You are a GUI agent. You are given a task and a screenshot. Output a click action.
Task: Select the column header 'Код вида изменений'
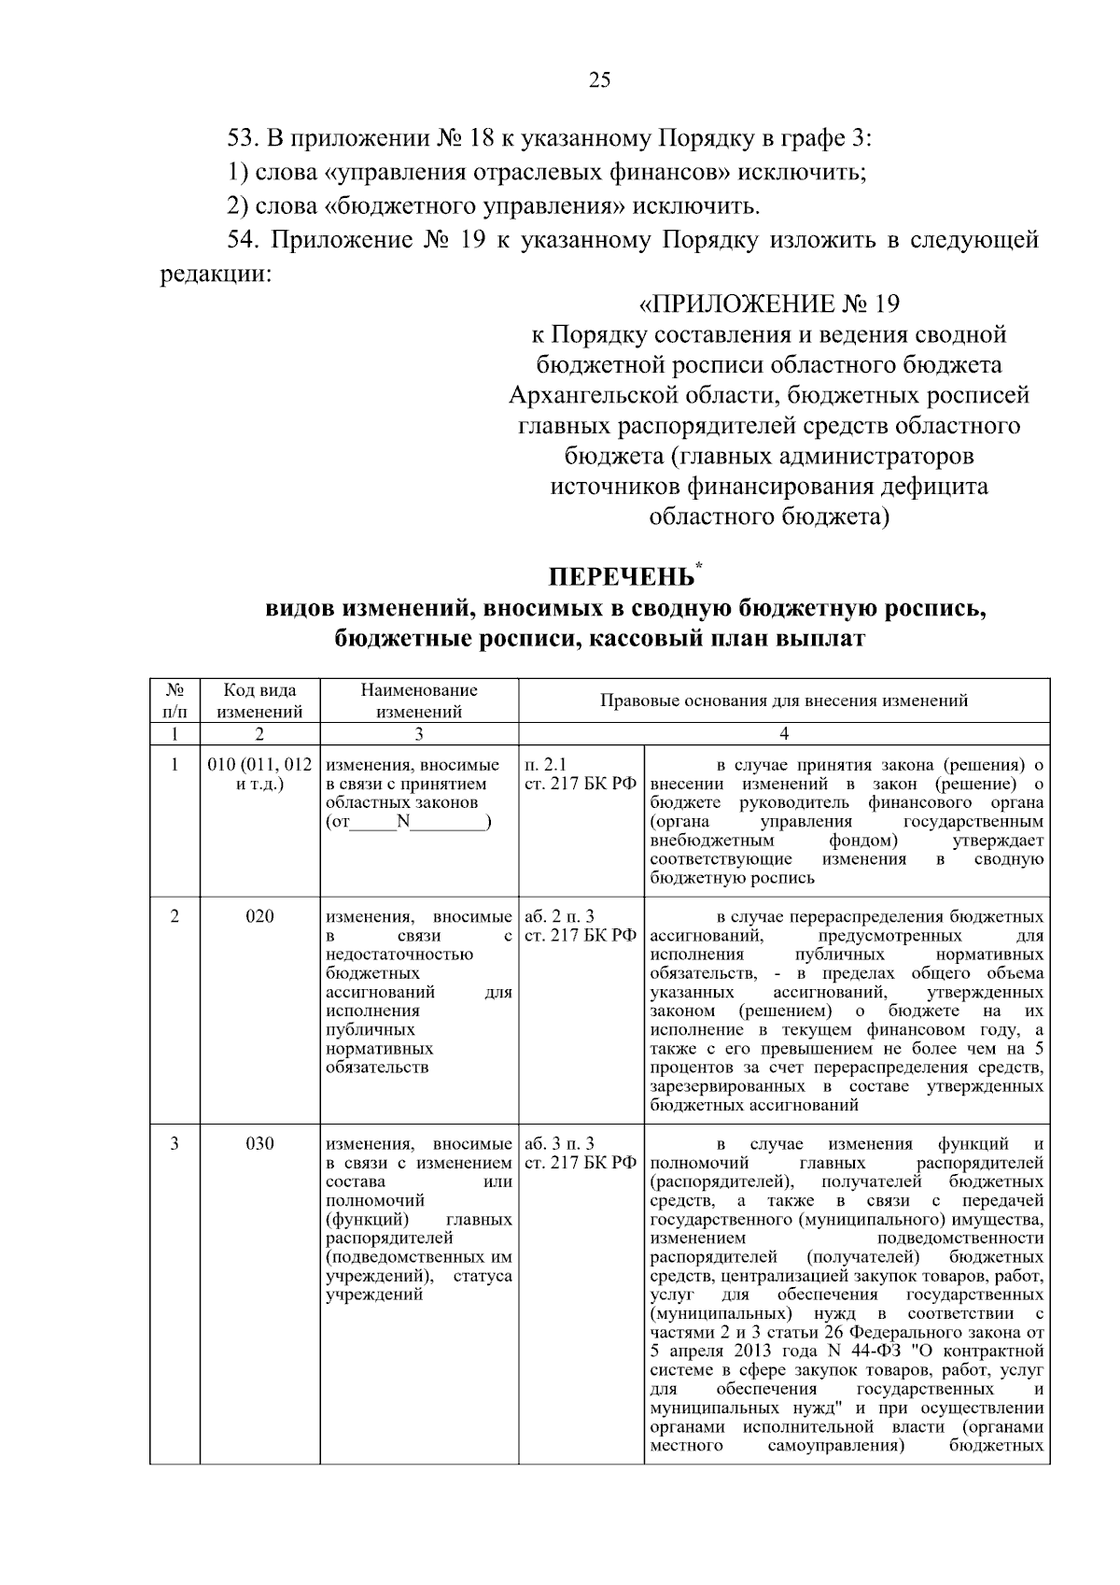click(x=259, y=701)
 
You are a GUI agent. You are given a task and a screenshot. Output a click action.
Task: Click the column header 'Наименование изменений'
click(x=419, y=701)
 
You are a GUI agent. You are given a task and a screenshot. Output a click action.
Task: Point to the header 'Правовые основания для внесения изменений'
click(x=783, y=701)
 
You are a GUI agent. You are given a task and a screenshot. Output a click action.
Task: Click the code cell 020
click(x=259, y=916)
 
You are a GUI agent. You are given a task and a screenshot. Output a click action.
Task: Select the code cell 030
click(x=259, y=1144)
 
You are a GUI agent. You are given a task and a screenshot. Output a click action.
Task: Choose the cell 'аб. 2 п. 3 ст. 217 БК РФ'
click(x=580, y=926)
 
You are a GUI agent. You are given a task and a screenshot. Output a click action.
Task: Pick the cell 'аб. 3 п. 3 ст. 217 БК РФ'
click(x=580, y=1153)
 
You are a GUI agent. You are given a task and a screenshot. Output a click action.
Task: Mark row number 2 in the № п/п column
click(x=175, y=916)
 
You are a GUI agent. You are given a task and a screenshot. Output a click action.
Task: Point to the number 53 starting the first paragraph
click(x=242, y=139)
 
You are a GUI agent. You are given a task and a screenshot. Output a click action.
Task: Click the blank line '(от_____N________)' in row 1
click(x=409, y=822)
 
